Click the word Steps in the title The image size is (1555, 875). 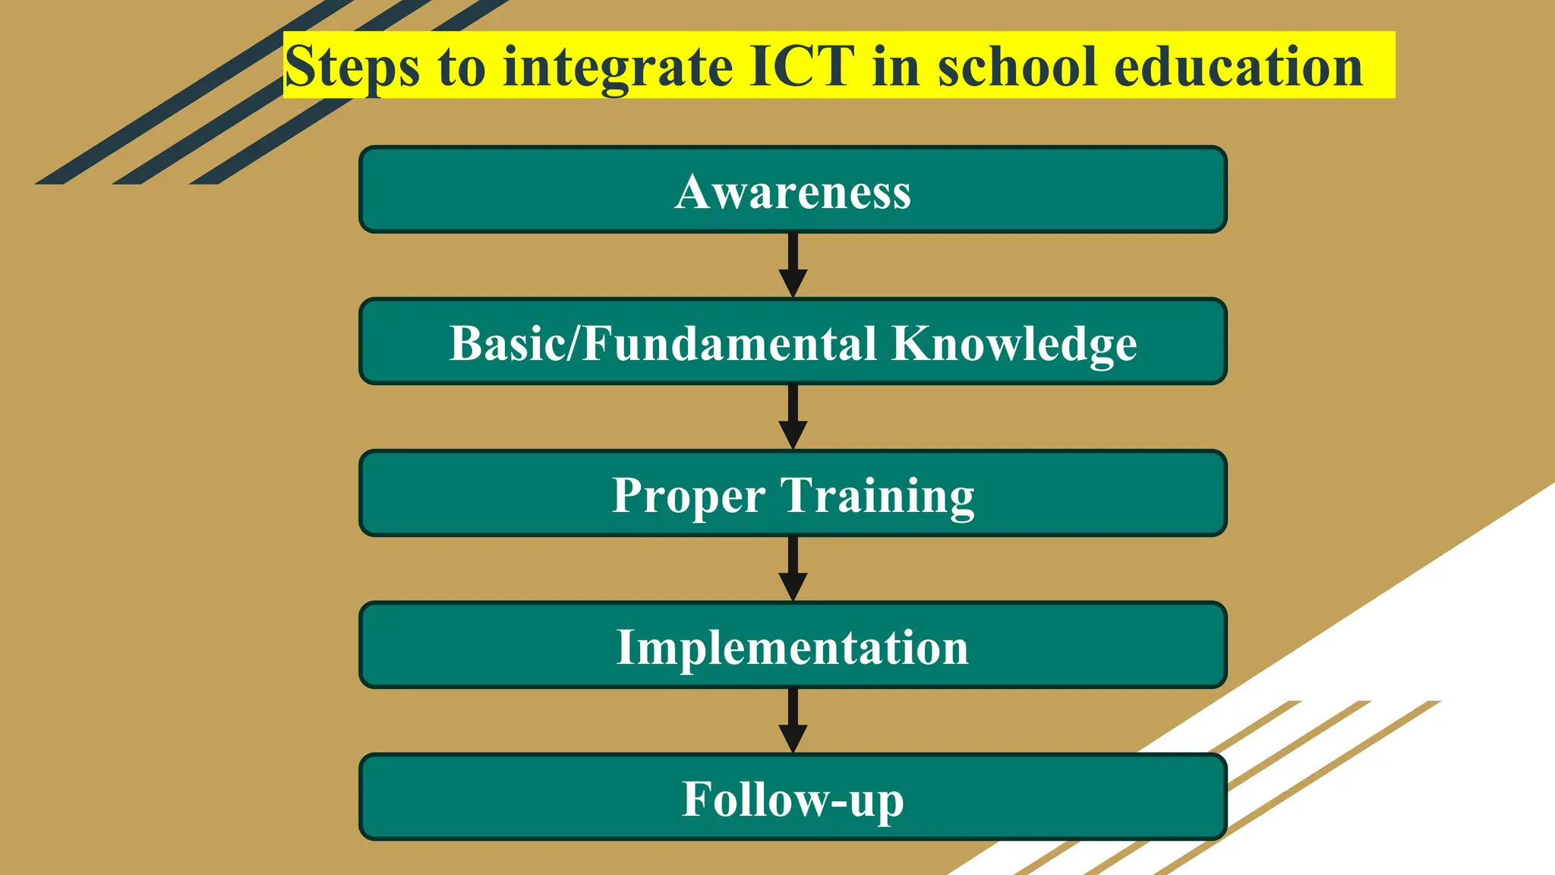pos(352,68)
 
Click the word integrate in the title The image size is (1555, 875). pos(617,68)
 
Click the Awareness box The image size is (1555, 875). pos(793,190)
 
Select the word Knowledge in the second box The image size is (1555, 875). pos(1014,343)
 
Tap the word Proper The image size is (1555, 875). pos(689,496)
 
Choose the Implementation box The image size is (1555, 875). pos(793,646)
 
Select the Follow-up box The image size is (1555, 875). pos(793,798)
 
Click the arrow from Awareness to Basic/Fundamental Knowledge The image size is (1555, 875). pos(793,265)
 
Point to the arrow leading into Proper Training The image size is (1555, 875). pos(793,417)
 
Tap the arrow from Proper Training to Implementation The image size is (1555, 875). pos(793,569)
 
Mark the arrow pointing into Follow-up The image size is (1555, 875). pos(793,721)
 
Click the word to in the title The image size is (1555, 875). pos(461,68)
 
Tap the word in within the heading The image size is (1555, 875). pos(896,66)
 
